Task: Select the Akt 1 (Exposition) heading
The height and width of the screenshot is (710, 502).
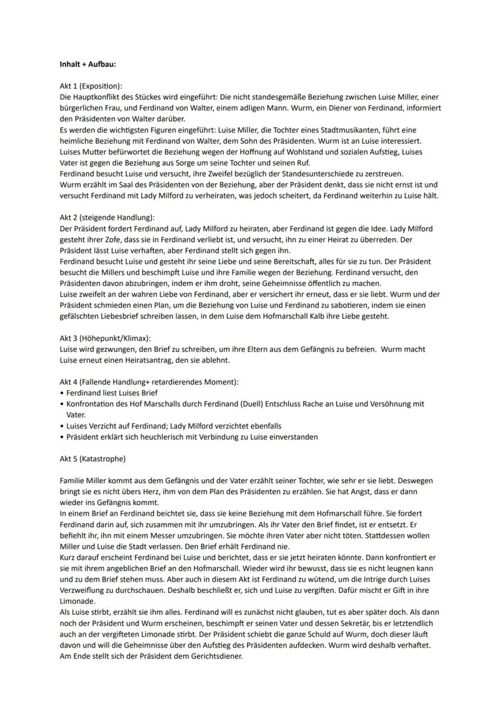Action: (x=91, y=86)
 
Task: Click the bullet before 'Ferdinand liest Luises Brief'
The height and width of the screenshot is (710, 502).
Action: (x=62, y=393)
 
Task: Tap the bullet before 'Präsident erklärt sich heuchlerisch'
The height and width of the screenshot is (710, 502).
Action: (x=62, y=437)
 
